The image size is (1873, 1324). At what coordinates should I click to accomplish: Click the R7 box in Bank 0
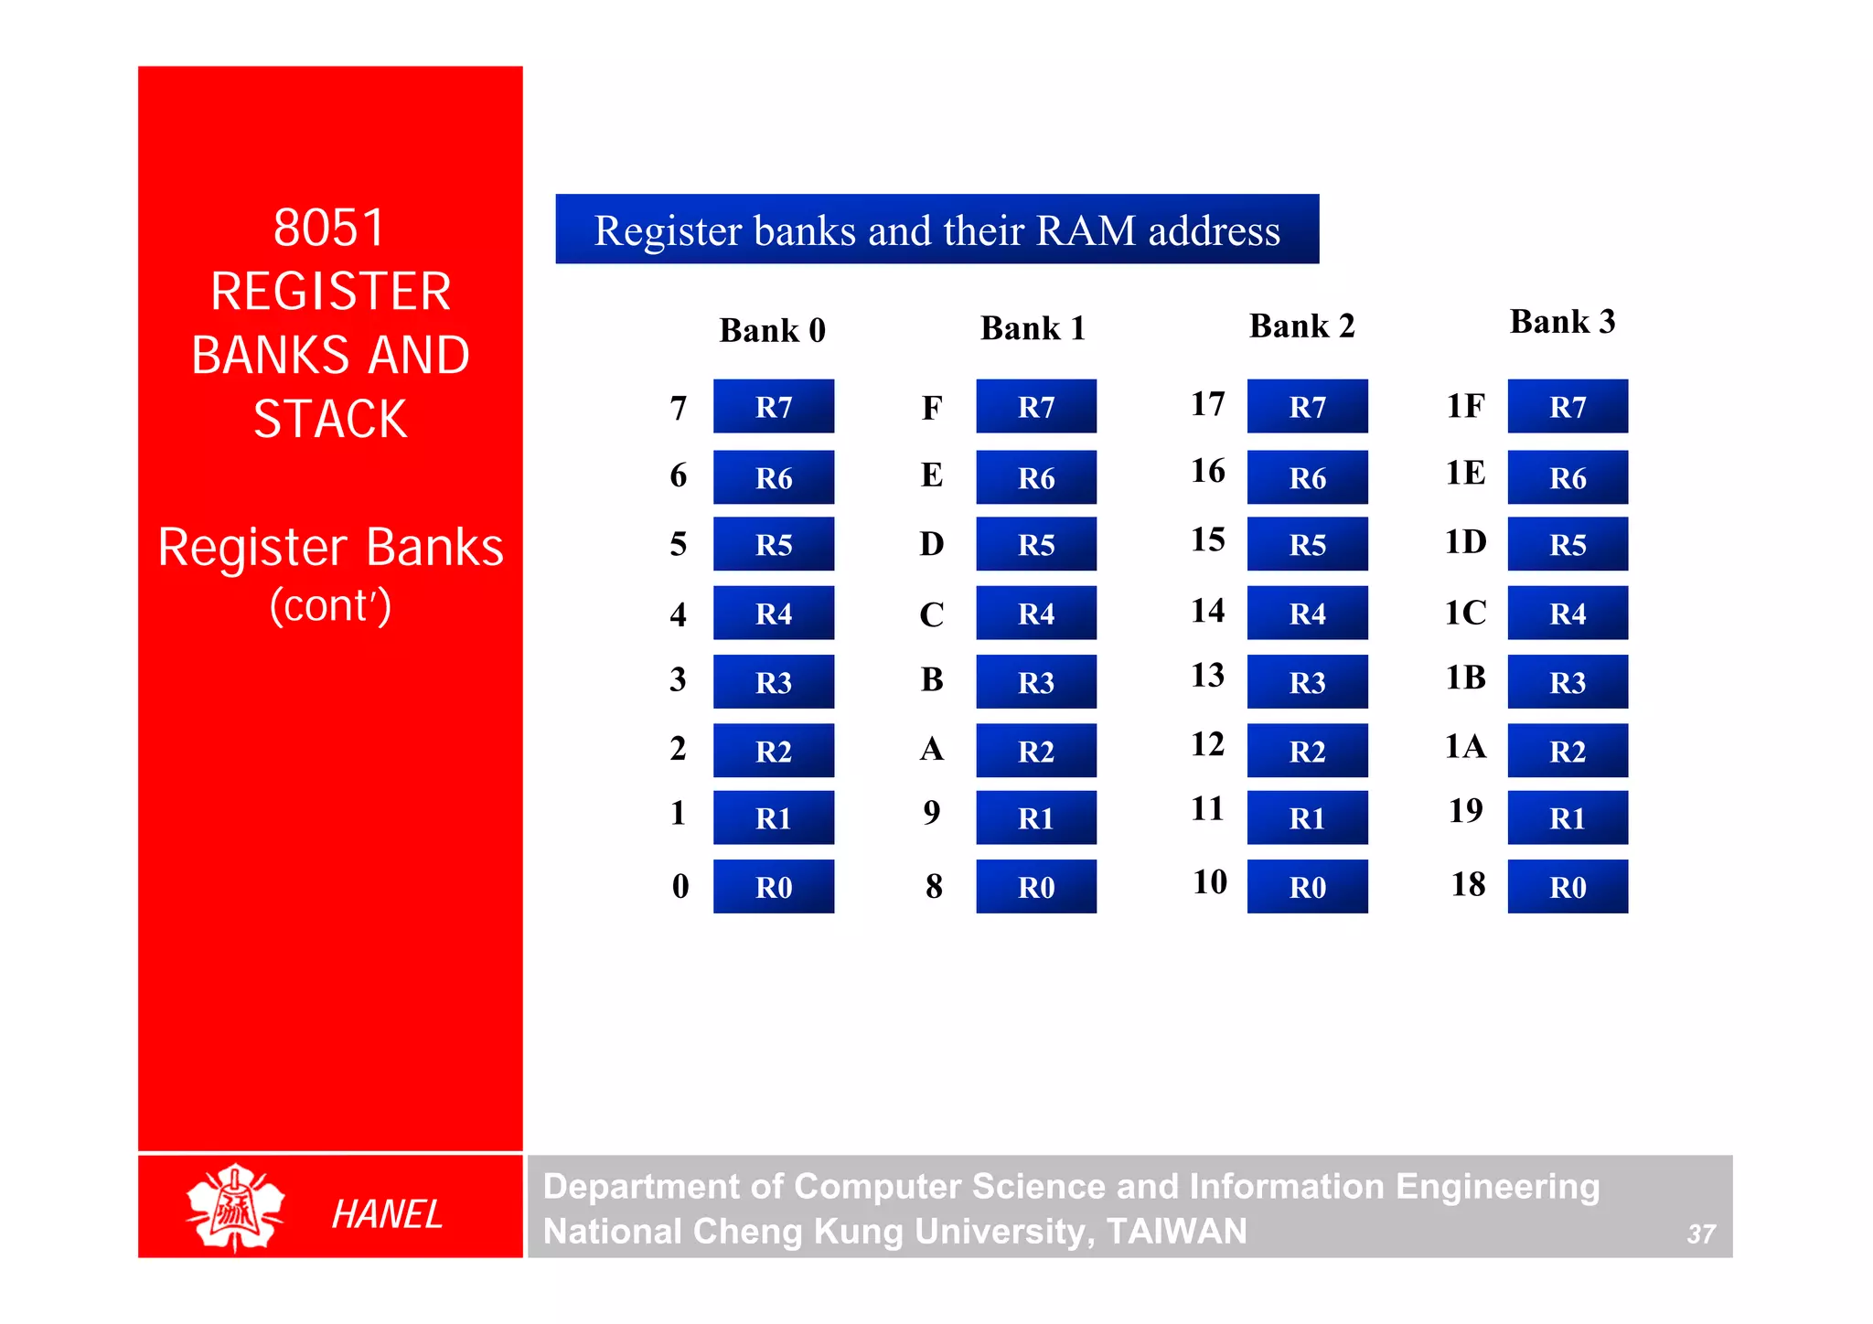tap(774, 406)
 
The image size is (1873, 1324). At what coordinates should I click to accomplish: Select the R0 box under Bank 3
tap(1568, 886)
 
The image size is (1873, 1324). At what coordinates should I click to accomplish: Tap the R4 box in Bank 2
tap(1307, 613)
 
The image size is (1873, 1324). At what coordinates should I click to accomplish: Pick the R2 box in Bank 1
tap(1036, 751)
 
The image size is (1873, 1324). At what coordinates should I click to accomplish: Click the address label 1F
tap(1465, 405)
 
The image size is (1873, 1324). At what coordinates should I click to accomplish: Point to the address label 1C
tap(1465, 612)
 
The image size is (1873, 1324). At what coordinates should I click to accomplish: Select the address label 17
tap(1207, 403)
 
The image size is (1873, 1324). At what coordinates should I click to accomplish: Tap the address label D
tap(932, 543)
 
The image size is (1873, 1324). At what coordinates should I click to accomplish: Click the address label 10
tap(1209, 881)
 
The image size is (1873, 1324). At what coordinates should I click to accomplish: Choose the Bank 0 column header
tap(773, 330)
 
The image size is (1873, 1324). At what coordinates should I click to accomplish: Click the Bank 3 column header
tap(1562, 322)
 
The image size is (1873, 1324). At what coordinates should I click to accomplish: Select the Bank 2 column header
tap(1301, 326)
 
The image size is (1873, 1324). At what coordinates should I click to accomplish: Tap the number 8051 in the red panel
tap(330, 228)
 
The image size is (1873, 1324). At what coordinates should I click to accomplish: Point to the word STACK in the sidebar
tap(330, 420)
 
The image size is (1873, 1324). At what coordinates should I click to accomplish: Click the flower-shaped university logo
tap(235, 1207)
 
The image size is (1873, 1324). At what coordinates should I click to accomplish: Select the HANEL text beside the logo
tap(387, 1214)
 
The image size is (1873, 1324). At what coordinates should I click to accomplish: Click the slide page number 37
tap(1700, 1234)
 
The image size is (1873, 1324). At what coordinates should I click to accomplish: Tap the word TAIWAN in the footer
tap(1176, 1232)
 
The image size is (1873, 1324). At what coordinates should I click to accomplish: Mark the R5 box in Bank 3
tap(1568, 544)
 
